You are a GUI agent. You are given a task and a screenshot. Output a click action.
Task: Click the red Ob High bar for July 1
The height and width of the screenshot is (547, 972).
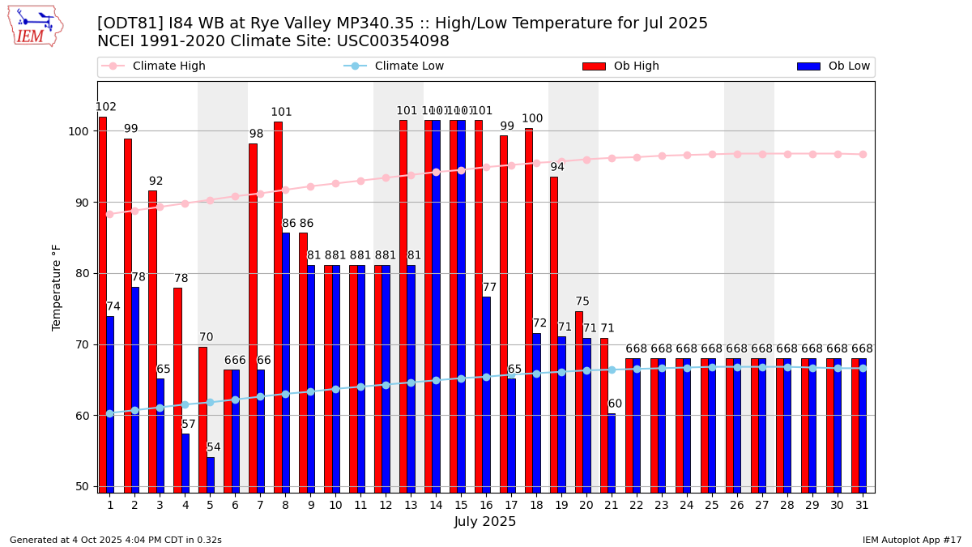(x=103, y=304)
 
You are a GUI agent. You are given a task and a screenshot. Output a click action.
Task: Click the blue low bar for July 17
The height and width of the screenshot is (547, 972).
(x=511, y=435)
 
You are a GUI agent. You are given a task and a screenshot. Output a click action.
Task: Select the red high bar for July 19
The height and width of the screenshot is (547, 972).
(x=554, y=334)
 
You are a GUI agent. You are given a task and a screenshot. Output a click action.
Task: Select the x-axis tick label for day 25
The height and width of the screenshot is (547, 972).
(x=712, y=505)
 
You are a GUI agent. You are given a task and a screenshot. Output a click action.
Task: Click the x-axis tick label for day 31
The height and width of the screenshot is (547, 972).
(x=863, y=505)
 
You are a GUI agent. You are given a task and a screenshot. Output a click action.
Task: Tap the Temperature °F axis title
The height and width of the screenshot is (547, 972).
(x=57, y=287)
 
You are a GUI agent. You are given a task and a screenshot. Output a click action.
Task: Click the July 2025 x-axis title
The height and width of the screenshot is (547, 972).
(x=485, y=523)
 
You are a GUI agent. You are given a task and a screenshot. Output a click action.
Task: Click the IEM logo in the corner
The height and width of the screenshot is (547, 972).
(x=35, y=27)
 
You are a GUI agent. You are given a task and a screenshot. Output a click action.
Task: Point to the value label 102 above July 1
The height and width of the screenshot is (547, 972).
(x=106, y=107)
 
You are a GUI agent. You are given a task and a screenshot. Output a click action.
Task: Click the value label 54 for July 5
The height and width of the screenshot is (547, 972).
(x=214, y=447)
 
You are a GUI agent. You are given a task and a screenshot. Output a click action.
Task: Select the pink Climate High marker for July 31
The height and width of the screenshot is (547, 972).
(x=863, y=154)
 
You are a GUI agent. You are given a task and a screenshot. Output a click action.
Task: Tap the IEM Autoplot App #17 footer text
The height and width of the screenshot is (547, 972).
(x=912, y=540)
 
